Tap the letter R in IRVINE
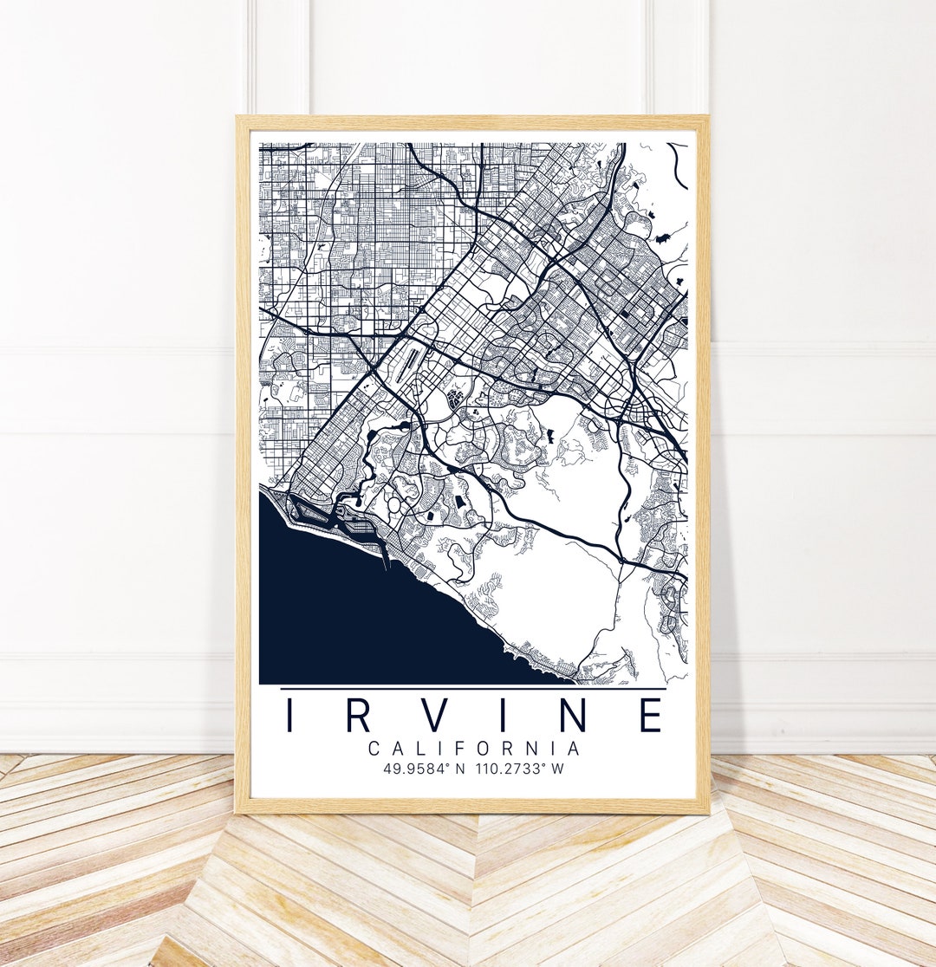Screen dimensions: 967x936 point(361,715)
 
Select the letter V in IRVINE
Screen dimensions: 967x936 point(440,715)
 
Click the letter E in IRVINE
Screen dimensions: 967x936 point(651,715)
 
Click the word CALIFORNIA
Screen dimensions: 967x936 point(474,748)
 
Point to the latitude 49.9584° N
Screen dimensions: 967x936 point(422,769)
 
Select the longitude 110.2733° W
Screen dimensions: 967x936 point(520,769)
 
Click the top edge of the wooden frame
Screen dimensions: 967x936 point(472,122)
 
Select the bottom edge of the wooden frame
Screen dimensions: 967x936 point(472,806)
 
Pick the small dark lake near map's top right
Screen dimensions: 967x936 point(664,237)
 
